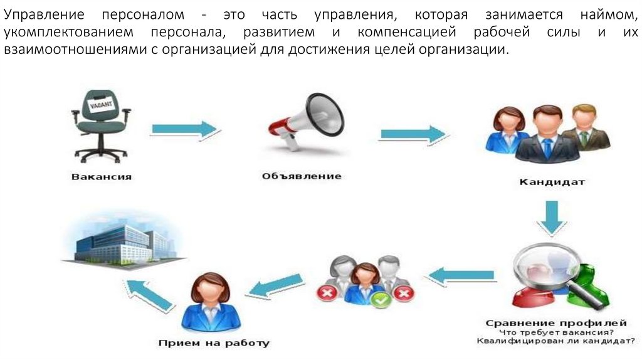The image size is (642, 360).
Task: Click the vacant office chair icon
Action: click(x=100, y=125)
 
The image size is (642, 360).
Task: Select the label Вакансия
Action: click(x=102, y=177)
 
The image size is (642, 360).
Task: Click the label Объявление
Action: click(x=302, y=176)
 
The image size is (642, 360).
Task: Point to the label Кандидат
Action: click(x=552, y=183)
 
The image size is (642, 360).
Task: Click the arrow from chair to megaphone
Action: click(x=184, y=130)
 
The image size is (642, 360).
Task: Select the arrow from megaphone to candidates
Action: click(x=413, y=134)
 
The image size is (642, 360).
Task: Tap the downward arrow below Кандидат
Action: click(x=552, y=217)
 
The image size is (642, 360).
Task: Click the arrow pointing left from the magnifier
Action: click(x=461, y=275)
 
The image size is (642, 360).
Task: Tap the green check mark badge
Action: click(x=379, y=300)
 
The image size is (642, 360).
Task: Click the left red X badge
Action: click(x=326, y=292)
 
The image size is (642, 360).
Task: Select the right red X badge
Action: click(x=405, y=292)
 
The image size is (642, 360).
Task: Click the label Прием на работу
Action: click(x=214, y=343)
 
